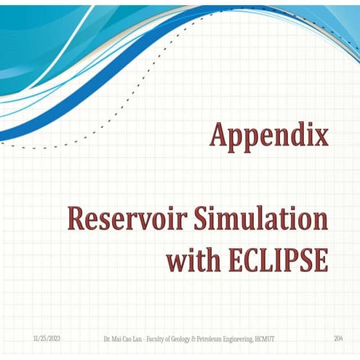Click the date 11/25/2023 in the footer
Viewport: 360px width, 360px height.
pyautogui.click(x=47, y=340)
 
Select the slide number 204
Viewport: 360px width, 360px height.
pyautogui.click(x=338, y=340)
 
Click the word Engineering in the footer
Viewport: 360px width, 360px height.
pyautogui.click(x=239, y=340)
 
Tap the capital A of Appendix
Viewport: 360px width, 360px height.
pyautogui.click(x=219, y=135)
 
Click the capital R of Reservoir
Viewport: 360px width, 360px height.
pyautogui.click(x=76, y=220)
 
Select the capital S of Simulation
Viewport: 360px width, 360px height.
pyautogui.click(x=189, y=220)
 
